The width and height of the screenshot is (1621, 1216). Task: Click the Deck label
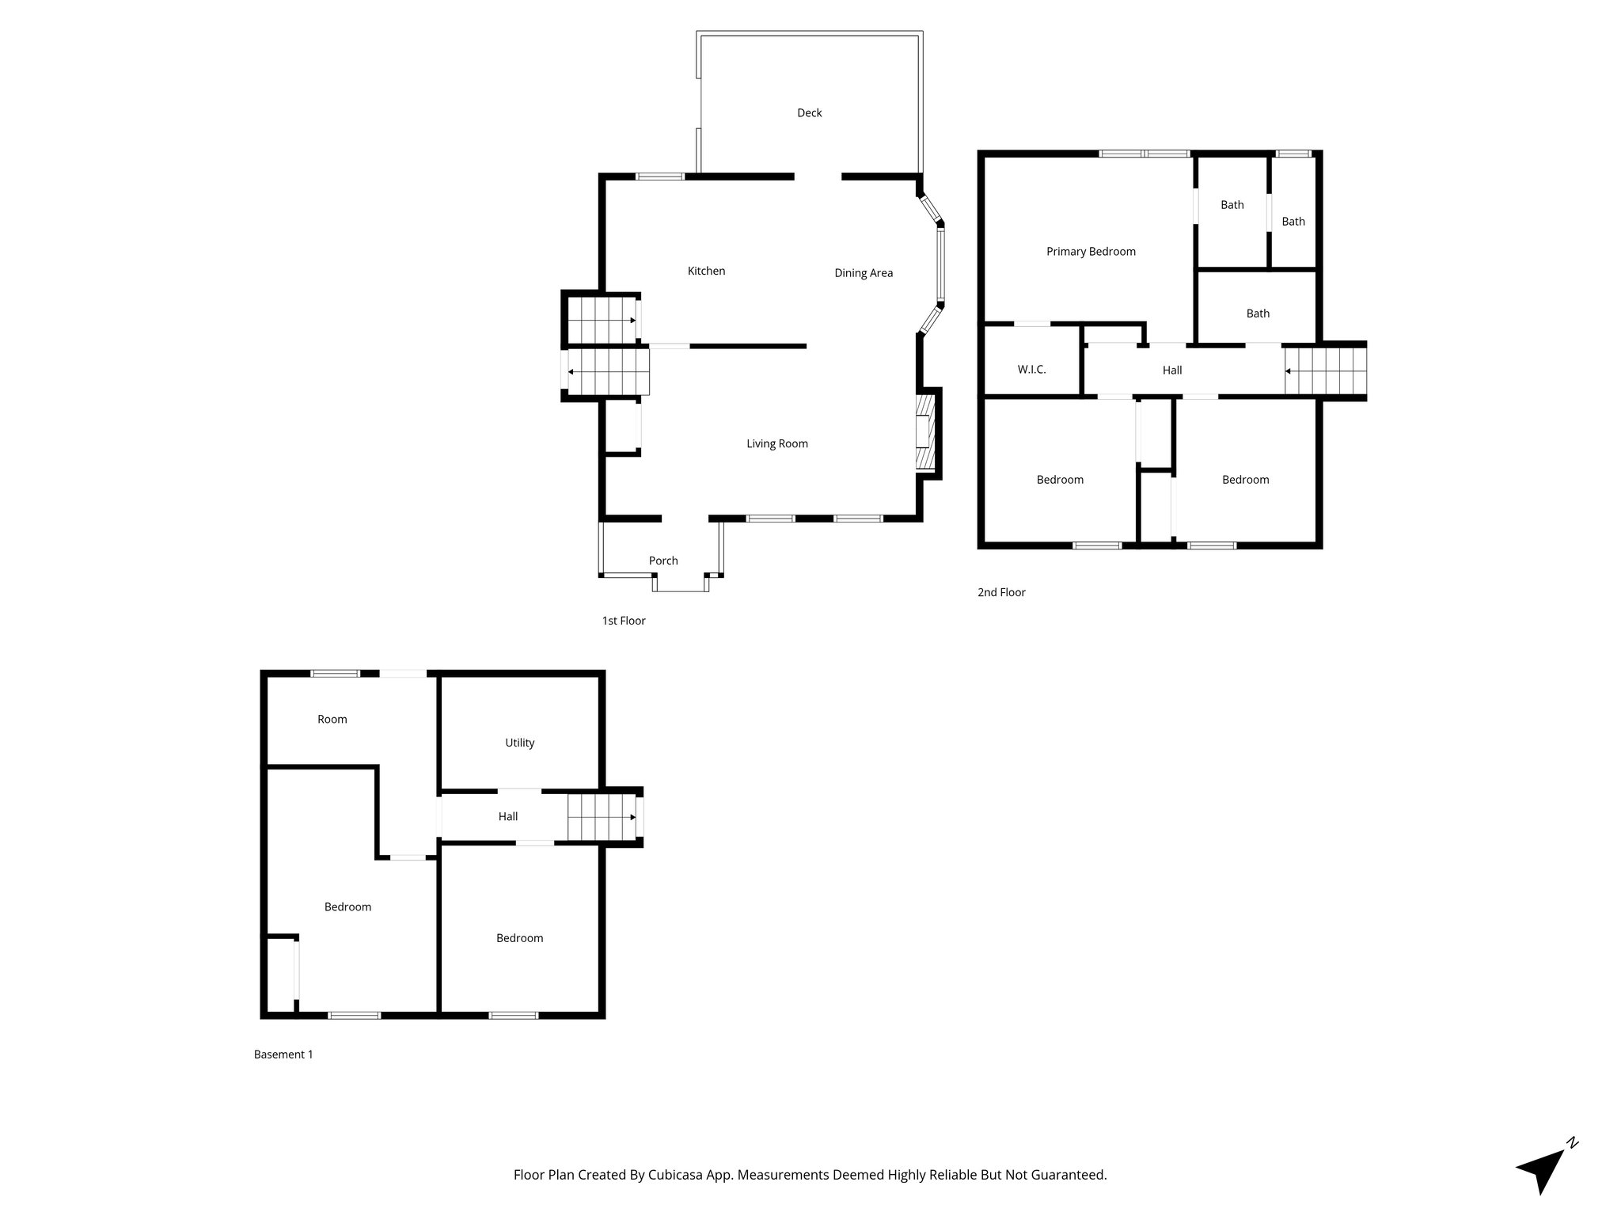[809, 113]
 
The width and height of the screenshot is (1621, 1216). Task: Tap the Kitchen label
[706, 271]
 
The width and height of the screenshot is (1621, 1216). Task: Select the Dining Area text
[863, 273]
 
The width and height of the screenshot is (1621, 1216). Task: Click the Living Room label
[776, 443]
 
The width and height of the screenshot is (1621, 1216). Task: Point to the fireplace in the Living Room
[924, 434]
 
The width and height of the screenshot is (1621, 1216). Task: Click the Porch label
[663, 560]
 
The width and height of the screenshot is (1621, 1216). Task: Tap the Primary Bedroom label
[1090, 252]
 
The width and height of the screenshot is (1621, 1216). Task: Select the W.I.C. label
[1031, 370]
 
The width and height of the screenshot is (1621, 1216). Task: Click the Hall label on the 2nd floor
[1171, 370]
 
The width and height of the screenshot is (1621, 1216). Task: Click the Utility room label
[519, 743]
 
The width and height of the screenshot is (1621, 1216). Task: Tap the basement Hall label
[507, 816]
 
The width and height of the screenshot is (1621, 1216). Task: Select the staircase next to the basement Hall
[602, 817]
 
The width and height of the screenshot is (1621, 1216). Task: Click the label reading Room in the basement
[332, 719]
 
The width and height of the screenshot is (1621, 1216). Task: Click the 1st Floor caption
[623, 621]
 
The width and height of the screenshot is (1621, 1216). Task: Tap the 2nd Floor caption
[1000, 592]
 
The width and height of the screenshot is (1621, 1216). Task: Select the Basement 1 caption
[283, 1054]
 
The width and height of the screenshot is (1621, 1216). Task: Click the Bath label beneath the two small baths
[1257, 313]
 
